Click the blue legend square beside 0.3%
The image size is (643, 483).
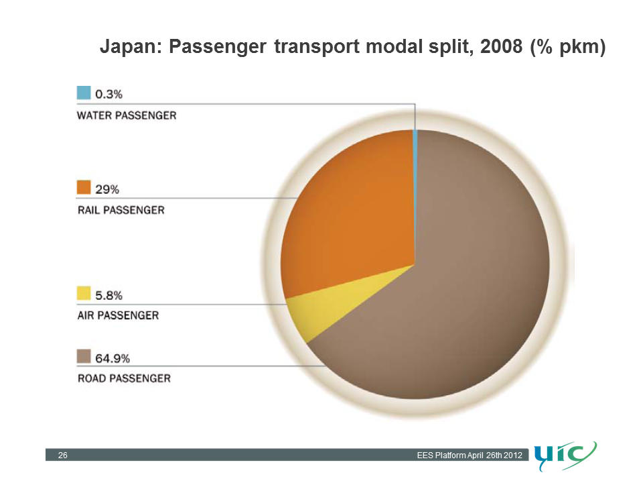point(84,93)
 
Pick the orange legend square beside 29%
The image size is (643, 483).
point(84,187)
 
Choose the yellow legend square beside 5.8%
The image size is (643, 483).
point(84,293)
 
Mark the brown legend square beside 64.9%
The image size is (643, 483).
point(84,356)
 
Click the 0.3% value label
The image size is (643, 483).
point(109,95)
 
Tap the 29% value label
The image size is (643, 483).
point(107,189)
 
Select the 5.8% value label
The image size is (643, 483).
point(109,295)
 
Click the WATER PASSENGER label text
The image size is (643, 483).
point(127,115)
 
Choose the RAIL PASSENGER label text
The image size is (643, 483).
point(121,210)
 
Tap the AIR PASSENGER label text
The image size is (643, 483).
point(118,315)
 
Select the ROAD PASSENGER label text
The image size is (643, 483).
point(124,378)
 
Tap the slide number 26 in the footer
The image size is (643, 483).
point(62,455)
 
